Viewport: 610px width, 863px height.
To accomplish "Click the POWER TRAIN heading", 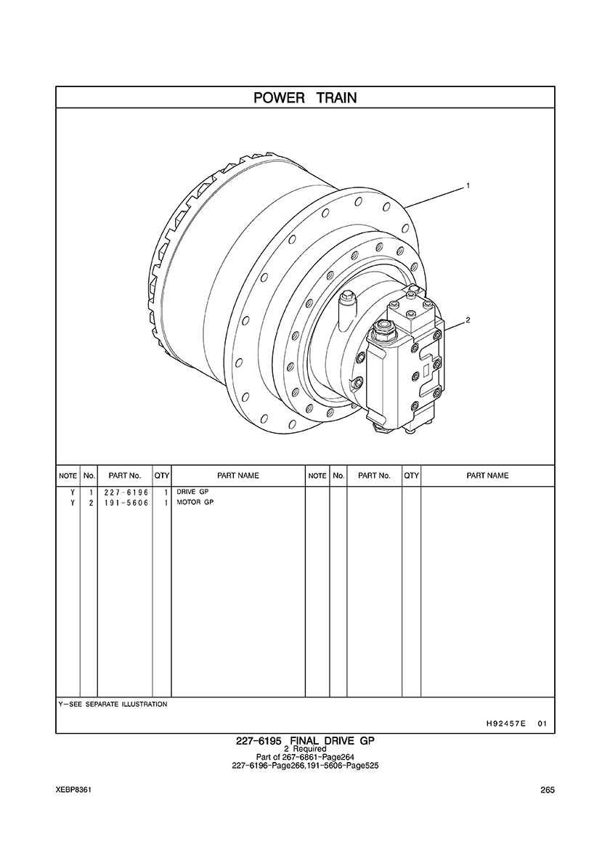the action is point(305,98).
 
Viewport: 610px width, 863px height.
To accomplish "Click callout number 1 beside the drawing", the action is point(468,186).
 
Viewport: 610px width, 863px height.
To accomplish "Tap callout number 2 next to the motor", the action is point(468,320).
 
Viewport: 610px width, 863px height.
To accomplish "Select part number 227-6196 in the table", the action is point(126,492).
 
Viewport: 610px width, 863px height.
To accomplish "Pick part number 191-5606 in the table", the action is point(126,503).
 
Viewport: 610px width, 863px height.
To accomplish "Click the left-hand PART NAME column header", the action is point(237,476).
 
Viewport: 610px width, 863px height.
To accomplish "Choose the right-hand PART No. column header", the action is point(374,476).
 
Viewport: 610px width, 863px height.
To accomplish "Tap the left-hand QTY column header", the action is point(162,476).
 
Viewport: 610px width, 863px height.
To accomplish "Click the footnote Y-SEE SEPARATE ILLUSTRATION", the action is point(113,704).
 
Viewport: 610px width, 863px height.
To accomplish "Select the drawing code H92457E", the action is point(503,724).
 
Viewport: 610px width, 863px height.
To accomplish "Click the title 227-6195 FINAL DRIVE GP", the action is point(305,741).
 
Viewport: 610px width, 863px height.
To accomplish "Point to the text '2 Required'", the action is point(305,749).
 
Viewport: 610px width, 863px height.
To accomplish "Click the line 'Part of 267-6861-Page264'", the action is point(305,758).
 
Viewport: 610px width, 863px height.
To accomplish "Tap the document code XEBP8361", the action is point(73,790).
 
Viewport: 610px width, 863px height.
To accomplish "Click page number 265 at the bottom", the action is point(548,790).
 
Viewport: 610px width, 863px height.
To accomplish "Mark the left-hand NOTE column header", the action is point(68,476).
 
